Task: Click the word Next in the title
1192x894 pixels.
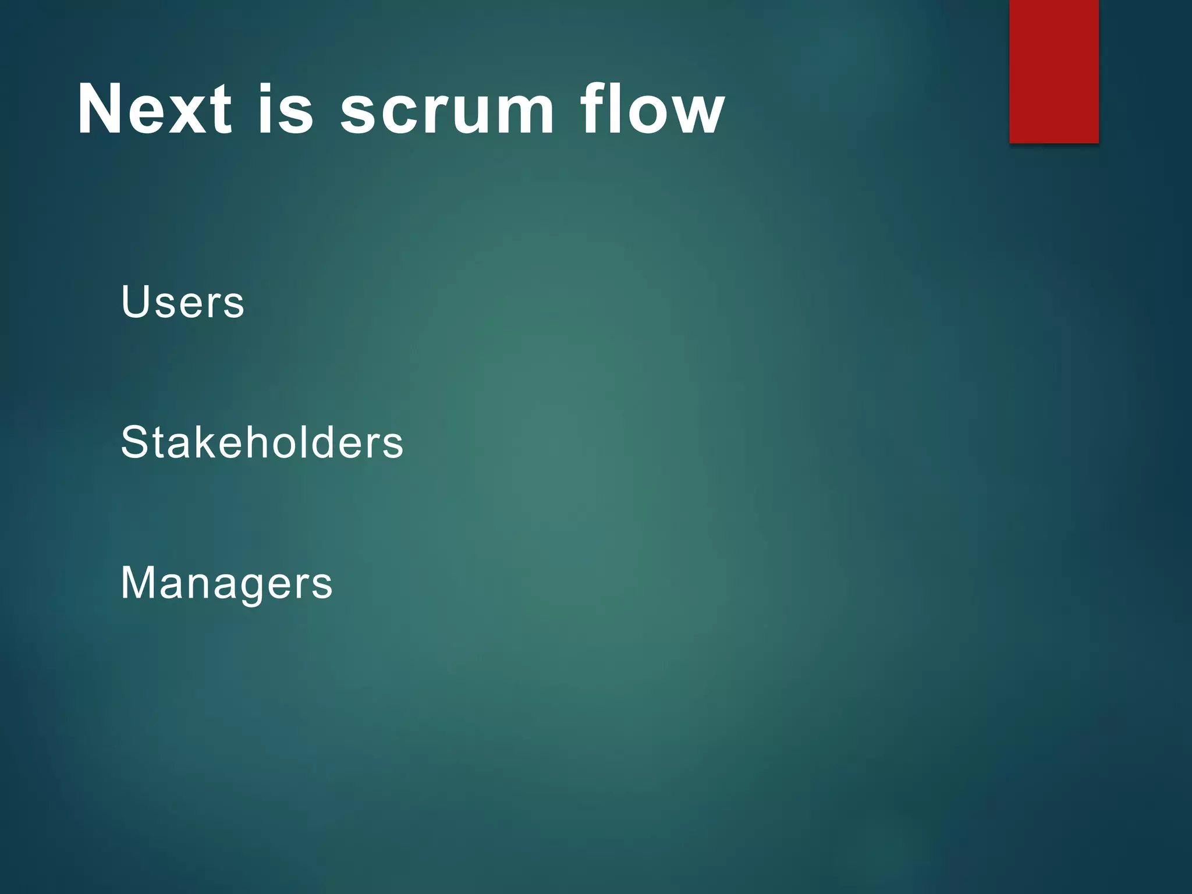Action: point(154,109)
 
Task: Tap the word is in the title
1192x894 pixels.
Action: point(286,109)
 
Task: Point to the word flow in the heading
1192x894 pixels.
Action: point(652,109)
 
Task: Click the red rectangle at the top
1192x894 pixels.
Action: point(1053,71)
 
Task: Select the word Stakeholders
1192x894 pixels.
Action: point(262,442)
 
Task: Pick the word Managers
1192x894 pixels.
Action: point(226,583)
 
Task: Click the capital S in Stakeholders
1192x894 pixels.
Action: point(133,442)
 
